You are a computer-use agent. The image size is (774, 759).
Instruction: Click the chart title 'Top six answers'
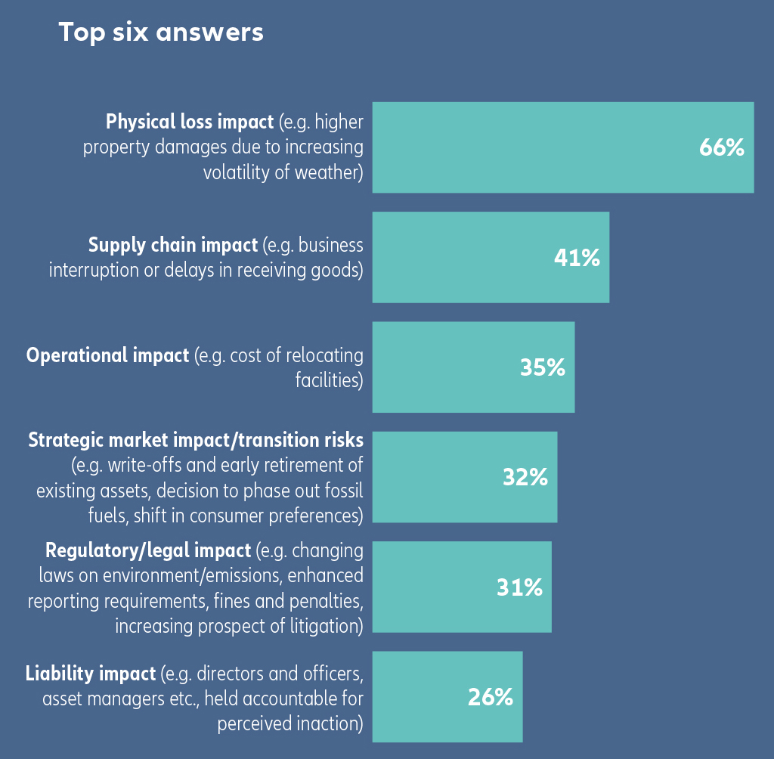click(161, 33)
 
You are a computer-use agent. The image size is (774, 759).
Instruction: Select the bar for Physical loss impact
click(529, 147)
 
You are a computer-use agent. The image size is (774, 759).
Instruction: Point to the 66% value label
click(722, 148)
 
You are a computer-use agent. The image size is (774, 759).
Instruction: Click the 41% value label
click(577, 258)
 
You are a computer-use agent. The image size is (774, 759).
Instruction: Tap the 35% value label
click(543, 367)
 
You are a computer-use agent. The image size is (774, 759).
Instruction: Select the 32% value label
click(525, 477)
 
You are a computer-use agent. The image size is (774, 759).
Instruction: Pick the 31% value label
click(519, 587)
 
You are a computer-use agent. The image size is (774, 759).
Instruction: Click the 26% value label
click(491, 697)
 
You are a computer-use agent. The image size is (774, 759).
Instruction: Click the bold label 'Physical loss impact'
click(190, 122)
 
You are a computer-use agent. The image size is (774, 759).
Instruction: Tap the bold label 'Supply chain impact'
click(173, 245)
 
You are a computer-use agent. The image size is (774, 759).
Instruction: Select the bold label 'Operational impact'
click(107, 355)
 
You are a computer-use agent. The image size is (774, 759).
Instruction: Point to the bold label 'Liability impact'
click(91, 673)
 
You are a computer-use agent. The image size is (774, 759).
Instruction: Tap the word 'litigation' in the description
click(321, 626)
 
